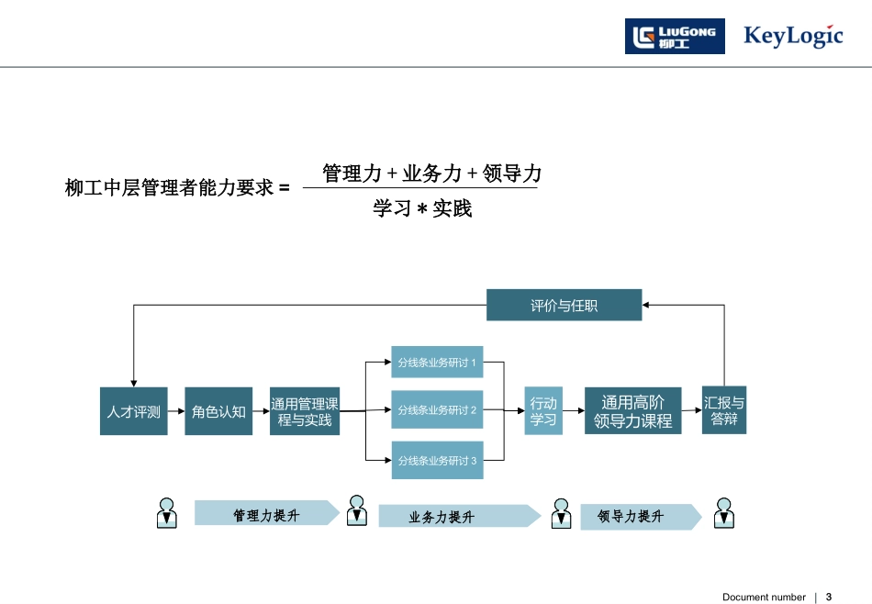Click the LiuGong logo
675,37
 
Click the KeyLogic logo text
792,37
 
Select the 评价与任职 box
564,306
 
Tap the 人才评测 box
133,411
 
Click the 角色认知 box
218,411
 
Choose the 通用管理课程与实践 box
305,411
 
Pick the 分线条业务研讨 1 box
437,363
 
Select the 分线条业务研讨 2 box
437,410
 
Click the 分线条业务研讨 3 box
437,460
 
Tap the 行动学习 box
543,411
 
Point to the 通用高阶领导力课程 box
632,411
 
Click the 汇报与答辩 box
723,410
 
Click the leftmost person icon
166,513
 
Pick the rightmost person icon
723,513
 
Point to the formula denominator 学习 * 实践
422,209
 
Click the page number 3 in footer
829,597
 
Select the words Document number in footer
763,597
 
